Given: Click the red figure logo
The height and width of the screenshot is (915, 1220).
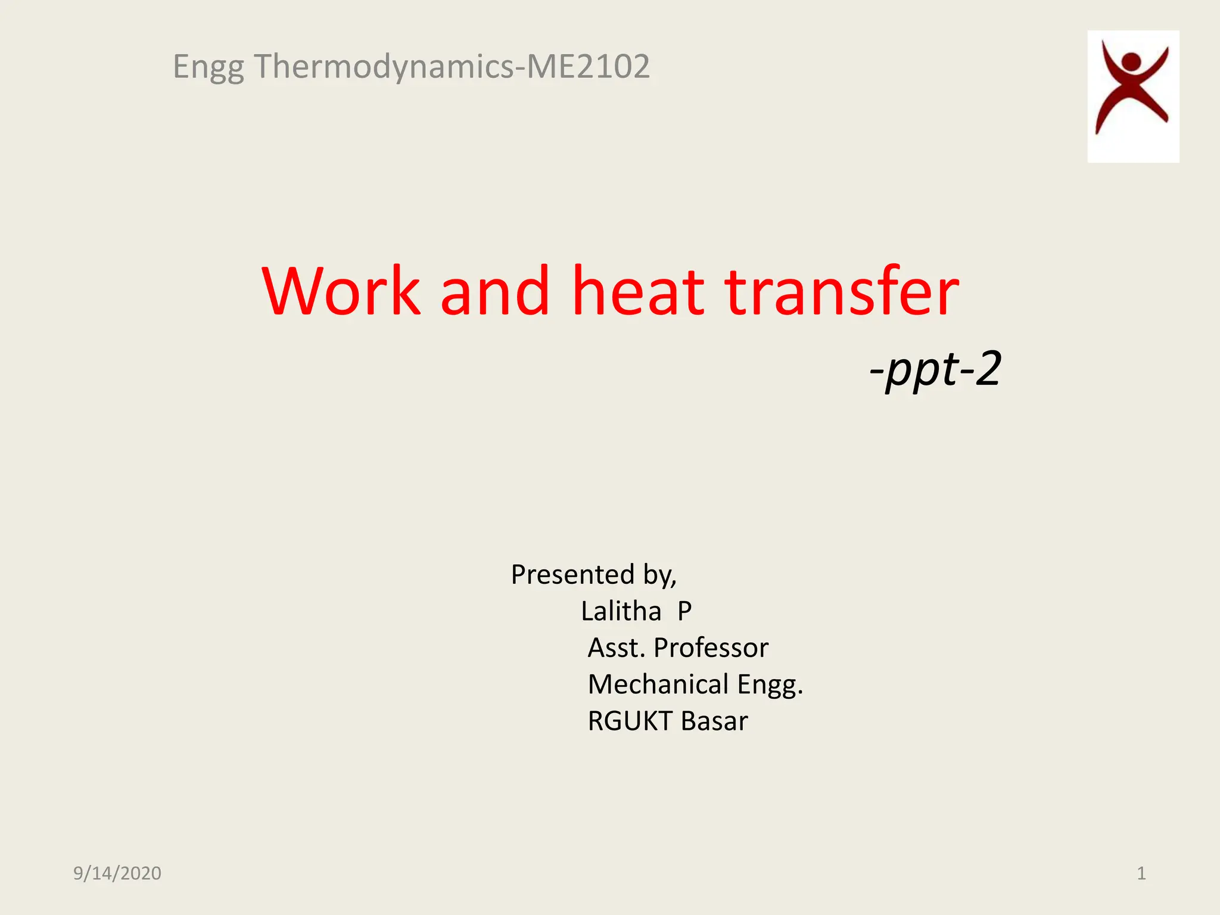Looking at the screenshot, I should pyautogui.click(x=1132, y=95).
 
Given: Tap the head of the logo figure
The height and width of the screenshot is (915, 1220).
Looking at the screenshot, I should pyautogui.click(x=1130, y=61).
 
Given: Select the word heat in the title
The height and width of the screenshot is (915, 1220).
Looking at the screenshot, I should pyautogui.click(x=638, y=291).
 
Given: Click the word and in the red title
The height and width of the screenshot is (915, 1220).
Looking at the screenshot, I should pyautogui.click(x=494, y=291).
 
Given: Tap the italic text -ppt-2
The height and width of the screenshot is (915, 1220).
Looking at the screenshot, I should pyautogui.click(x=935, y=369).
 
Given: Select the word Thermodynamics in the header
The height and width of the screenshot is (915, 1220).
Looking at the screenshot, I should pyautogui.click(x=384, y=66).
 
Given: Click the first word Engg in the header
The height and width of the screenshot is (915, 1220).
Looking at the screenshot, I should pyautogui.click(x=208, y=67).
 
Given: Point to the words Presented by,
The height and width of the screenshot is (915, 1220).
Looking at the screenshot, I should pyautogui.click(x=593, y=575).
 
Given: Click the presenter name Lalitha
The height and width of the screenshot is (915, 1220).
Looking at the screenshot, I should pyautogui.click(x=621, y=611).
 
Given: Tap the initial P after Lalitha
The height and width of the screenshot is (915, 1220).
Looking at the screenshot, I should pyautogui.click(x=684, y=611).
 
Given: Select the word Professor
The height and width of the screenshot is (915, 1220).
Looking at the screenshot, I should pyautogui.click(x=711, y=648).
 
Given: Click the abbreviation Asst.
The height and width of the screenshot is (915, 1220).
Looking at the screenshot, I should pyautogui.click(x=616, y=648).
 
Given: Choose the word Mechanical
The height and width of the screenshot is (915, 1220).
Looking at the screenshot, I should pyautogui.click(x=658, y=684).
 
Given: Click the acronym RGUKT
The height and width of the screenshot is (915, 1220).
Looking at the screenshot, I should pyautogui.click(x=630, y=721).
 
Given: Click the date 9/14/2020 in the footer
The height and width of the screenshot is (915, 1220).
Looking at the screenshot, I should pyautogui.click(x=117, y=873).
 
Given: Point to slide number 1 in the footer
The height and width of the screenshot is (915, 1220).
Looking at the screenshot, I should pyautogui.click(x=1141, y=873).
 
